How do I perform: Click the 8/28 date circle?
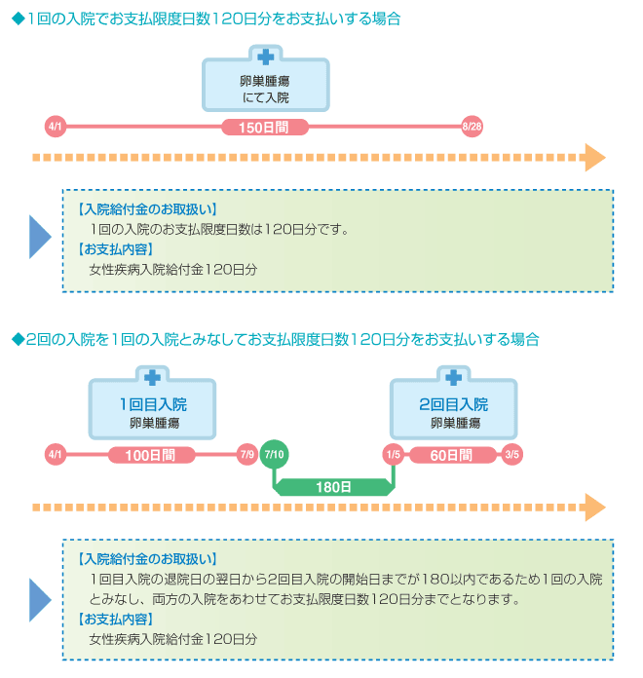click(472, 127)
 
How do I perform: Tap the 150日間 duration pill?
click(265, 127)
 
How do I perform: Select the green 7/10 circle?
click(274, 454)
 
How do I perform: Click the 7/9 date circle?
click(247, 455)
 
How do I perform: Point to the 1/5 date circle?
click(393, 455)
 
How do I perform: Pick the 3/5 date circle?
click(512, 455)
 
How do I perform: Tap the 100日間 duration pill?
click(151, 455)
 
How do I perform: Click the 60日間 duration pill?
click(453, 455)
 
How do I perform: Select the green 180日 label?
click(333, 487)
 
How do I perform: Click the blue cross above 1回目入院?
click(152, 378)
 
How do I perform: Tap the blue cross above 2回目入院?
click(454, 378)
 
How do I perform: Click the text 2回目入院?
click(454, 404)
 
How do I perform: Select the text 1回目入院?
click(153, 404)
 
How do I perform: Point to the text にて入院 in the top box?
click(266, 97)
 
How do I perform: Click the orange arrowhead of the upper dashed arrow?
click(595, 158)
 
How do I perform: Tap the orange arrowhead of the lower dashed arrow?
click(595, 508)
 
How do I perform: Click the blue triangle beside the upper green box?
click(39, 237)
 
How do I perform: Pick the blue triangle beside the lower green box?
click(39, 600)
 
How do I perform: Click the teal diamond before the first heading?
click(19, 19)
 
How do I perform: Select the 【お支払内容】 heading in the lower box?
click(116, 620)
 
